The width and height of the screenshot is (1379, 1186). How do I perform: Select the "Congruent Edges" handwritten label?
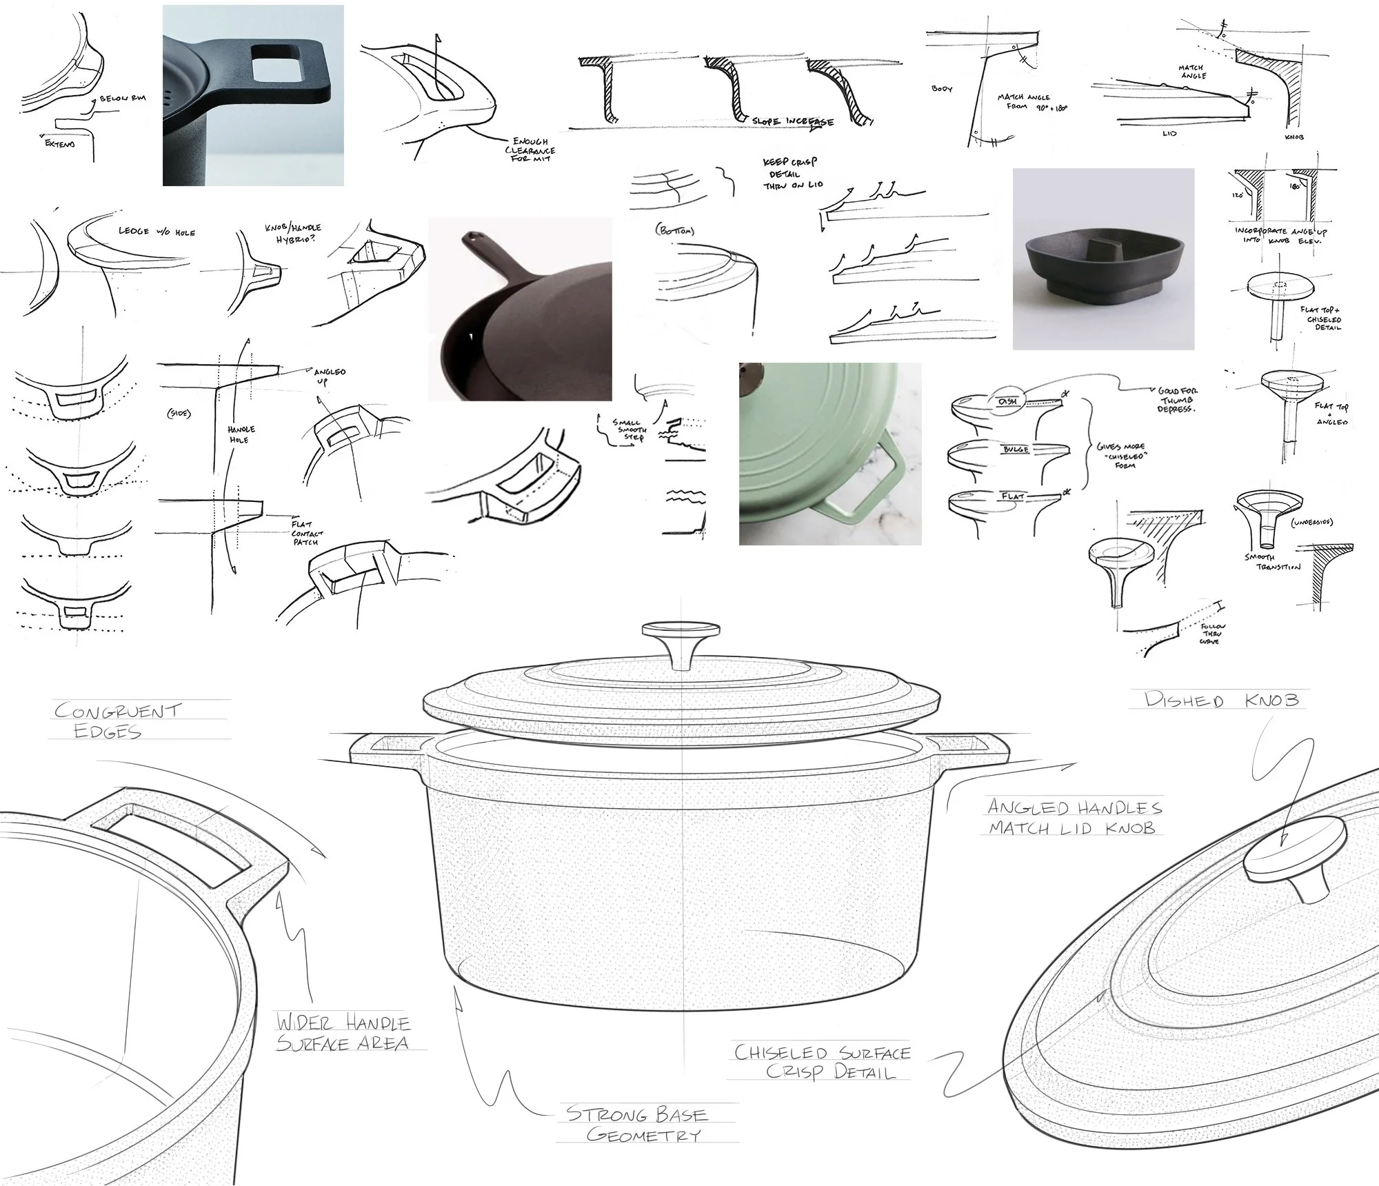click(x=117, y=721)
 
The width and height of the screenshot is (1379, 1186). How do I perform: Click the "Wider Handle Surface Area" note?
click(x=343, y=1032)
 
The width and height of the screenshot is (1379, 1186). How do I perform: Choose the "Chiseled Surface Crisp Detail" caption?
click(x=822, y=1062)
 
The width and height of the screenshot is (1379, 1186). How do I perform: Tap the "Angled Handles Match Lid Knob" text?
click(x=1074, y=817)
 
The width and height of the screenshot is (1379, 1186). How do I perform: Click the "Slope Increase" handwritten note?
click(x=792, y=122)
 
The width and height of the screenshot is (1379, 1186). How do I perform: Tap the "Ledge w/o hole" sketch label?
click(x=157, y=232)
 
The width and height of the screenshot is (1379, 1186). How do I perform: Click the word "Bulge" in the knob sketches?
click(x=1016, y=450)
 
